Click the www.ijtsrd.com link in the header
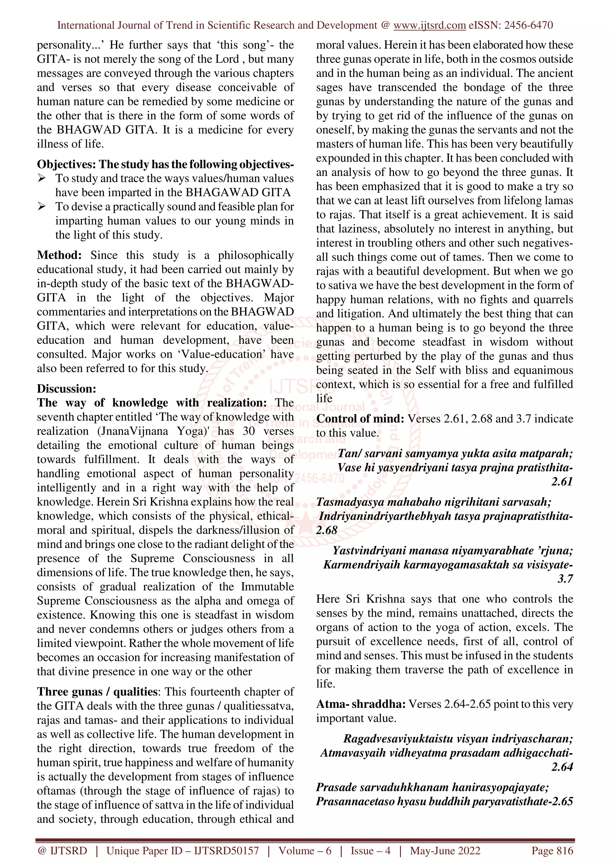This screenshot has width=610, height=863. [429, 25]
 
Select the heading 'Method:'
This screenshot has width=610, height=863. [59, 255]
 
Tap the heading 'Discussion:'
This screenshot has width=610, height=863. [66, 388]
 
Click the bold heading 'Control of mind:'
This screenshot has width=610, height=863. [360, 418]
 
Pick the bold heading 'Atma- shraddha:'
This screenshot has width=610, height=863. [360, 704]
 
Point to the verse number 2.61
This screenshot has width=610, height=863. [561, 482]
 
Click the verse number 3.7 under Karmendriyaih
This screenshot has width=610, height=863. [565, 579]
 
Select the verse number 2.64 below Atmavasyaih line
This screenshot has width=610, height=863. [561, 767]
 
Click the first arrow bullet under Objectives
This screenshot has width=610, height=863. [42, 178]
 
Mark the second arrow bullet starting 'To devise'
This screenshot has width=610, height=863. [42, 206]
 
